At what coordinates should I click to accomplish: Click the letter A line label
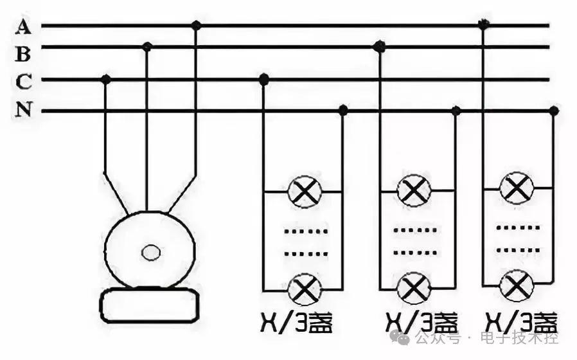[x=24, y=26]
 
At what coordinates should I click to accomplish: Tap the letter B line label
[x=23, y=53]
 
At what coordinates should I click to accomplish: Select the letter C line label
[x=24, y=82]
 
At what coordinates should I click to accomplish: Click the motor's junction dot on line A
[x=197, y=26]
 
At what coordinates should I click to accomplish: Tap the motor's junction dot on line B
[x=147, y=46]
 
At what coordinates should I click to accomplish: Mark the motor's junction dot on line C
[x=106, y=79]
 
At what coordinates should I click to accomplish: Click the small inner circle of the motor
[x=151, y=252]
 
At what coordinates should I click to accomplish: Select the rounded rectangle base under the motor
[x=150, y=305]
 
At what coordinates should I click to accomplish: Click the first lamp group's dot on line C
[x=263, y=79]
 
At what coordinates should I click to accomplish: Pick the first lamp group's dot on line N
[x=342, y=111]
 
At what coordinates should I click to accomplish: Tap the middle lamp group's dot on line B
[x=379, y=46]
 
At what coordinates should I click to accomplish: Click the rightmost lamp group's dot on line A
[x=483, y=26]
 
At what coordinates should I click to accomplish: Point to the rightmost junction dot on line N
[x=553, y=111]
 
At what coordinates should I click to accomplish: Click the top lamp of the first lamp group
[x=304, y=192]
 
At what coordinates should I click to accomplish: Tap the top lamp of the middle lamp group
[x=413, y=191]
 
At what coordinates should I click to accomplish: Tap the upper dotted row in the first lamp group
[x=306, y=230]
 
